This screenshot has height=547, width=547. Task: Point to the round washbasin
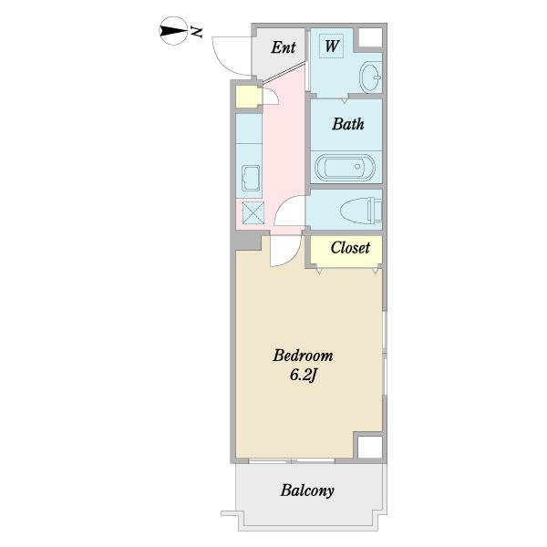click(371, 77)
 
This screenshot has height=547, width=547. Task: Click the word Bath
click(347, 124)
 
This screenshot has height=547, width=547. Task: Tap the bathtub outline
click(344, 168)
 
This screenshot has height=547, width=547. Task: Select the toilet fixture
click(359, 212)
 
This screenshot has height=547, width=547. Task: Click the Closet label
click(350, 247)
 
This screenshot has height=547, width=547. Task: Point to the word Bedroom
click(303, 356)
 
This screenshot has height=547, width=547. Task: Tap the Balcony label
click(307, 490)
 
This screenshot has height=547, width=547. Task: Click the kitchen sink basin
click(251, 179)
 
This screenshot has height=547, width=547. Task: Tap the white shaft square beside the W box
click(369, 39)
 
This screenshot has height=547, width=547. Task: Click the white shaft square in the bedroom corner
click(368, 447)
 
